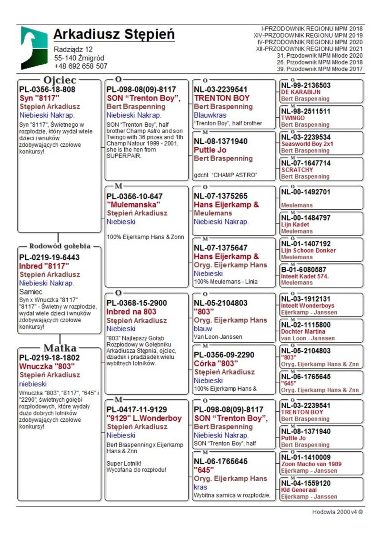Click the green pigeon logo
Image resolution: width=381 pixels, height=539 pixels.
click(34, 48)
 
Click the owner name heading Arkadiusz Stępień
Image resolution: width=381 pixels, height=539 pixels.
click(114, 35)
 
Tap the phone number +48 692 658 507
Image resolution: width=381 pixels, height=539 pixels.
click(80, 66)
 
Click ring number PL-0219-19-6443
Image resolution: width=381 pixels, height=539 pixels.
click(50, 257)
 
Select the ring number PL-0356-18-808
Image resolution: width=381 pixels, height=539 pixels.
click(47, 89)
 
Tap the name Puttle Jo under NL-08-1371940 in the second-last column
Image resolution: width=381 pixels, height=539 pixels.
click(210, 150)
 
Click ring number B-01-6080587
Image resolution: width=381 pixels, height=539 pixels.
click(304, 269)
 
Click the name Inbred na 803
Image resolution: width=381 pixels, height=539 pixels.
click(131, 312)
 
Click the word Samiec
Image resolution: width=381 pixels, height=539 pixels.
click(30, 291)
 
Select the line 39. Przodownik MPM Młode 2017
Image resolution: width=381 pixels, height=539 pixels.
click(320, 69)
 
